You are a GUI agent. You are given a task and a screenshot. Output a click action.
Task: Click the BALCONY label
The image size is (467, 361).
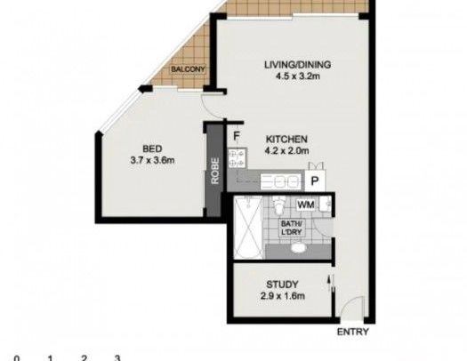point(189,69)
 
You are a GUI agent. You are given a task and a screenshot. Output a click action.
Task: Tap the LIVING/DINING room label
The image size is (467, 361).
point(297,64)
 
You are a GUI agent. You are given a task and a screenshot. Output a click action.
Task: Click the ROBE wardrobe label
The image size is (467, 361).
point(215,170)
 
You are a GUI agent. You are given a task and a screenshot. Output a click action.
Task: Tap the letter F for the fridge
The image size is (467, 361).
point(238,136)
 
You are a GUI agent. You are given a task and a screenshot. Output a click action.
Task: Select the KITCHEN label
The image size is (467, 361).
point(287,140)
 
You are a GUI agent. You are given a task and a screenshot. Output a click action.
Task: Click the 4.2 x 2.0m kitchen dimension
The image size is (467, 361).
point(287,151)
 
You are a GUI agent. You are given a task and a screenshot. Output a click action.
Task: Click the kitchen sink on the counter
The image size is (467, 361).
point(285,180)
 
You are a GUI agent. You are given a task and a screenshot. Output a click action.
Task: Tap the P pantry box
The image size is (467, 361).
point(314,180)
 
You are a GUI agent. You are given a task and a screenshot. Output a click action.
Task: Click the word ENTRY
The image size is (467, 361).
point(354,333)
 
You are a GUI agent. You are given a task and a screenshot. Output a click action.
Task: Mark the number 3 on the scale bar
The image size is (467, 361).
point(117,357)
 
